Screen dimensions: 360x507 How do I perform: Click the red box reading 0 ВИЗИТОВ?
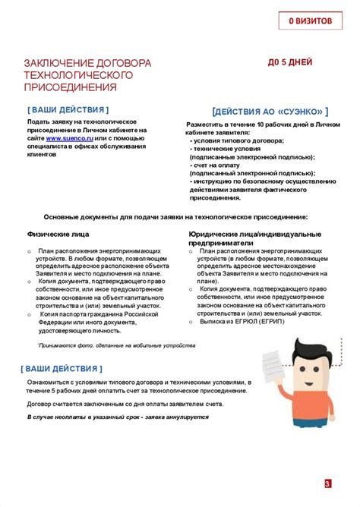[309, 21]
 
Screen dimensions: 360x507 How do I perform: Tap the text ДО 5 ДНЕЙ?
[291, 64]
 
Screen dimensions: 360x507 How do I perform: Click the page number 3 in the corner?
[327, 484]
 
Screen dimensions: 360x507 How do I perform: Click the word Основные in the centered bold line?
[64, 217]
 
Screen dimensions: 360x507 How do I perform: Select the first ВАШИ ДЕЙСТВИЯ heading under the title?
[68, 109]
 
